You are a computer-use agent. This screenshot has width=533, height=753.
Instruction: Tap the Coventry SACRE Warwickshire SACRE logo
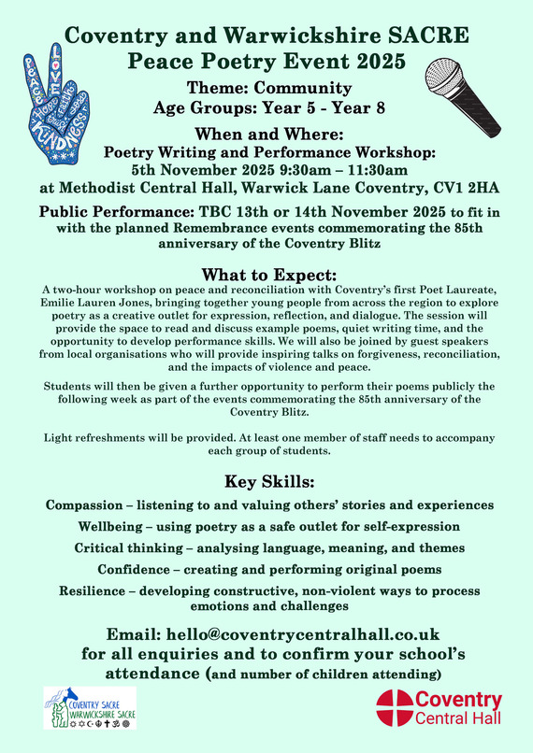click(x=90, y=708)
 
